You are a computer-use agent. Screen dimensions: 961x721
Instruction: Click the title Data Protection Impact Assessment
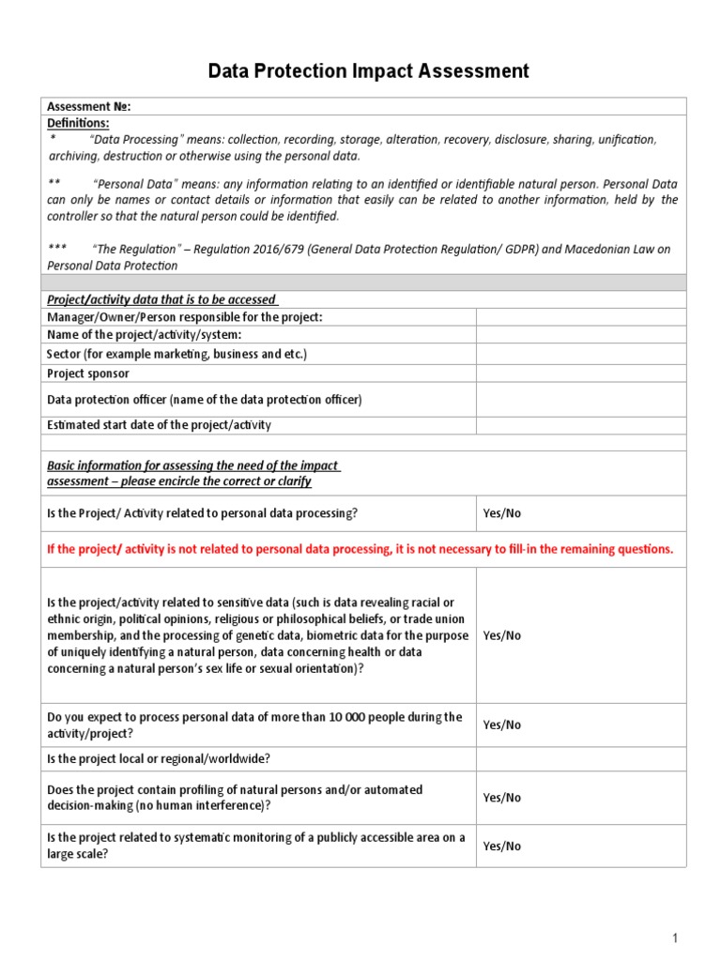[x=368, y=71]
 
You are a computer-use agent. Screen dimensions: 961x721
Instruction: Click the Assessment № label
[x=88, y=106]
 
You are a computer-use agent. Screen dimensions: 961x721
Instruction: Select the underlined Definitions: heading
[x=78, y=123]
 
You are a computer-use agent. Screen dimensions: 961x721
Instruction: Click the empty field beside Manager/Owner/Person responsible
[x=581, y=317]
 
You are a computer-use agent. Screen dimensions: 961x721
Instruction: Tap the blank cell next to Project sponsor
[x=581, y=374]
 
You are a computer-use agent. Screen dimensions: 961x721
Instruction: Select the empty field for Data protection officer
[x=581, y=400]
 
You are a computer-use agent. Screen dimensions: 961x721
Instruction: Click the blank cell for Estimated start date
[x=581, y=425]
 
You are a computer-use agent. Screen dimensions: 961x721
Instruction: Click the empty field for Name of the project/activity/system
[x=581, y=335]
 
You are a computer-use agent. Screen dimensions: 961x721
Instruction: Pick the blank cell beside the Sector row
[x=581, y=354]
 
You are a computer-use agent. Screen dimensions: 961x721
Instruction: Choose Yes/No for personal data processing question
[x=501, y=514]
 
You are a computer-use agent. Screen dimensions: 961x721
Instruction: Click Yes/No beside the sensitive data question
[x=501, y=635]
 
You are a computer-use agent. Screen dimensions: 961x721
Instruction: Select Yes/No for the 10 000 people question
[x=501, y=725]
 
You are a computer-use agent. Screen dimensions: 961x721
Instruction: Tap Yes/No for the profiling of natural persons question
[x=501, y=798]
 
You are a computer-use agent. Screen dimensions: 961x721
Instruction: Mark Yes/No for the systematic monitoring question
[x=501, y=847]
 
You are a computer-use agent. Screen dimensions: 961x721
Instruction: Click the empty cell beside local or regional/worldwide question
[x=581, y=759]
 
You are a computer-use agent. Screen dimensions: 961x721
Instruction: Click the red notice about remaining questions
[x=360, y=550]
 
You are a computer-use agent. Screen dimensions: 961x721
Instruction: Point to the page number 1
[x=674, y=938]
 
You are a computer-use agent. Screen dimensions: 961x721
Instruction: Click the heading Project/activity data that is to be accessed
[x=161, y=299]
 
